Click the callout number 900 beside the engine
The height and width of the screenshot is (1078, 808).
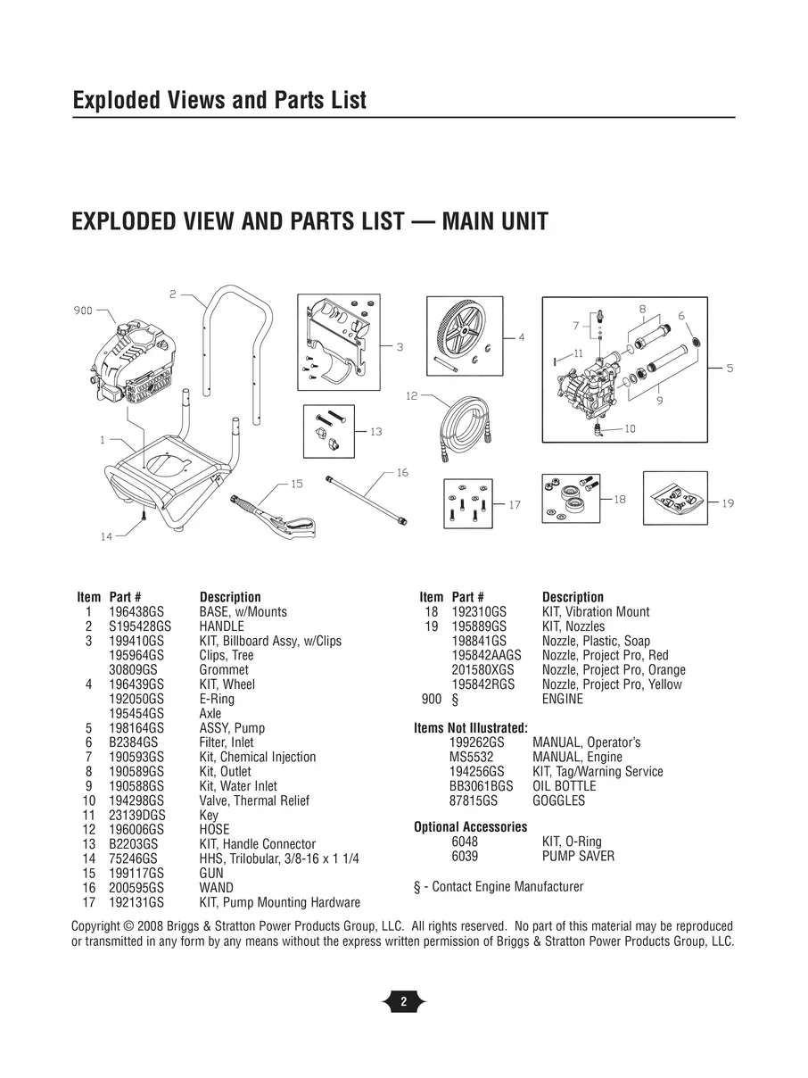click(x=82, y=311)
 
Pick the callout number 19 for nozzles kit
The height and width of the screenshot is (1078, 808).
click(x=728, y=503)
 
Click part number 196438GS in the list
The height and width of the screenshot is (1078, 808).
click(x=136, y=612)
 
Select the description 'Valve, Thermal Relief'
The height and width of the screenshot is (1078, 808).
click(x=254, y=800)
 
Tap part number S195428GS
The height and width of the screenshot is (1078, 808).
click(x=140, y=626)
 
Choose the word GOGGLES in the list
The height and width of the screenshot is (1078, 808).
click(x=559, y=800)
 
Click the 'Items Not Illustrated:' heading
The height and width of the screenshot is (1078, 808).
click(x=471, y=728)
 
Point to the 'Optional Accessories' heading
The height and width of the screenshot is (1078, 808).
click(x=471, y=827)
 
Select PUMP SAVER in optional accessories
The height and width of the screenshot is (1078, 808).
click(x=578, y=856)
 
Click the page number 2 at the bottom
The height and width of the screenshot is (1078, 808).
click(x=404, y=1001)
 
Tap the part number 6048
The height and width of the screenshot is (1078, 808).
click(x=465, y=842)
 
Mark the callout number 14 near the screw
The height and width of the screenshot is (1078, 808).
click(x=106, y=536)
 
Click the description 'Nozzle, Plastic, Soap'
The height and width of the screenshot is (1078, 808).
click(x=596, y=641)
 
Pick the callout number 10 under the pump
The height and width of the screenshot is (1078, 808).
click(x=630, y=429)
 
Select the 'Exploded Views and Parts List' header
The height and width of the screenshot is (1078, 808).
click(x=219, y=100)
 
